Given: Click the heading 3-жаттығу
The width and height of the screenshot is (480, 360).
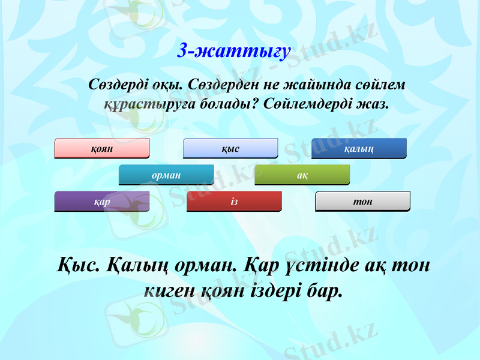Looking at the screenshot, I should (x=235, y=51).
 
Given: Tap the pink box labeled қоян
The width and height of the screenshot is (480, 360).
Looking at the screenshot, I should (x=102, y=148).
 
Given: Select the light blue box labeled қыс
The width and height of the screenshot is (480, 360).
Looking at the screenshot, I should (x=230, y=148).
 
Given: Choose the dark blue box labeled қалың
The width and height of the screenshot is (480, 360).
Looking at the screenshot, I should (x=359, y=148).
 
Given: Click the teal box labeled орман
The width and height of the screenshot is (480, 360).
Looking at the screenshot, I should (x=166, y=174).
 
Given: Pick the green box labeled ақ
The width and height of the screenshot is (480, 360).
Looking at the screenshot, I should (x=302, y=174).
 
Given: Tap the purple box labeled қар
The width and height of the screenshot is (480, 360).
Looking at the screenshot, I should (x=102, y=201).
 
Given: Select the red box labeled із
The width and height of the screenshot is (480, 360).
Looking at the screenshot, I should (x=234, y=201).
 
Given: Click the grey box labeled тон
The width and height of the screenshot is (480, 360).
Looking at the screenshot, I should (x=362, y=201).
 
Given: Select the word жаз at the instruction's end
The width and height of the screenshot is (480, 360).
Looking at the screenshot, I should (x=372, y=104).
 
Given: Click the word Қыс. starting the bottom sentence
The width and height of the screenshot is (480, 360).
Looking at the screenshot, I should (x=75, y=265).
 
